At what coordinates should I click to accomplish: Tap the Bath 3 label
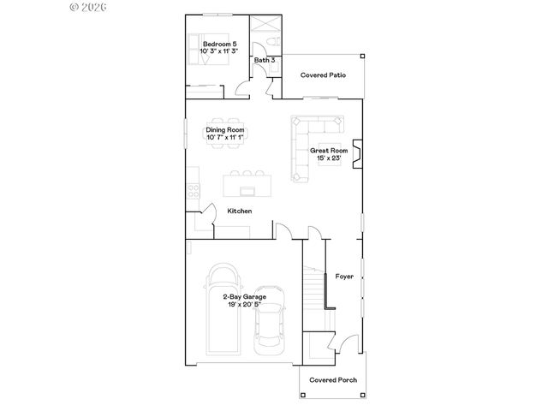[265, 60]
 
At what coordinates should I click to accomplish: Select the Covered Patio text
[323, 75]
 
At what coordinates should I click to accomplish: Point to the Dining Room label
[225, 129]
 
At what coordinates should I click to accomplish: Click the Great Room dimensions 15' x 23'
[329, 158]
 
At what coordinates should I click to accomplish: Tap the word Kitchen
[239, 211]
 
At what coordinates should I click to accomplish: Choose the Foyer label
[344, 277]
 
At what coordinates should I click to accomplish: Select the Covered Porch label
[333, 380]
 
